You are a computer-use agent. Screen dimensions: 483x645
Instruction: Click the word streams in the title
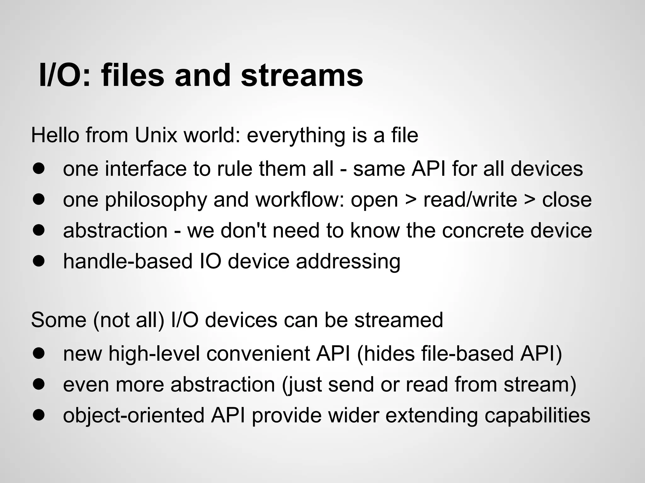(x=302, y=75)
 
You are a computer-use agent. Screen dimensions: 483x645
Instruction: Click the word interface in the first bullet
(x=146, y=169)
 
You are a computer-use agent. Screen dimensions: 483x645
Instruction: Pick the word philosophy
(x=156, y=200)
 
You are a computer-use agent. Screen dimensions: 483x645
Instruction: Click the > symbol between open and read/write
(x=411, y=200)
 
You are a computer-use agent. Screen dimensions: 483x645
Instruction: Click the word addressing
(x=348, y=262)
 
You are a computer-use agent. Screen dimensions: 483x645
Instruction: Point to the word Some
(x=59, y=320)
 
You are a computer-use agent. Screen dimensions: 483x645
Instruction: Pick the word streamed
(x=398, y=320)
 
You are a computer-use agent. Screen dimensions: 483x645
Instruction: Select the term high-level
(x=154, y=353)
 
